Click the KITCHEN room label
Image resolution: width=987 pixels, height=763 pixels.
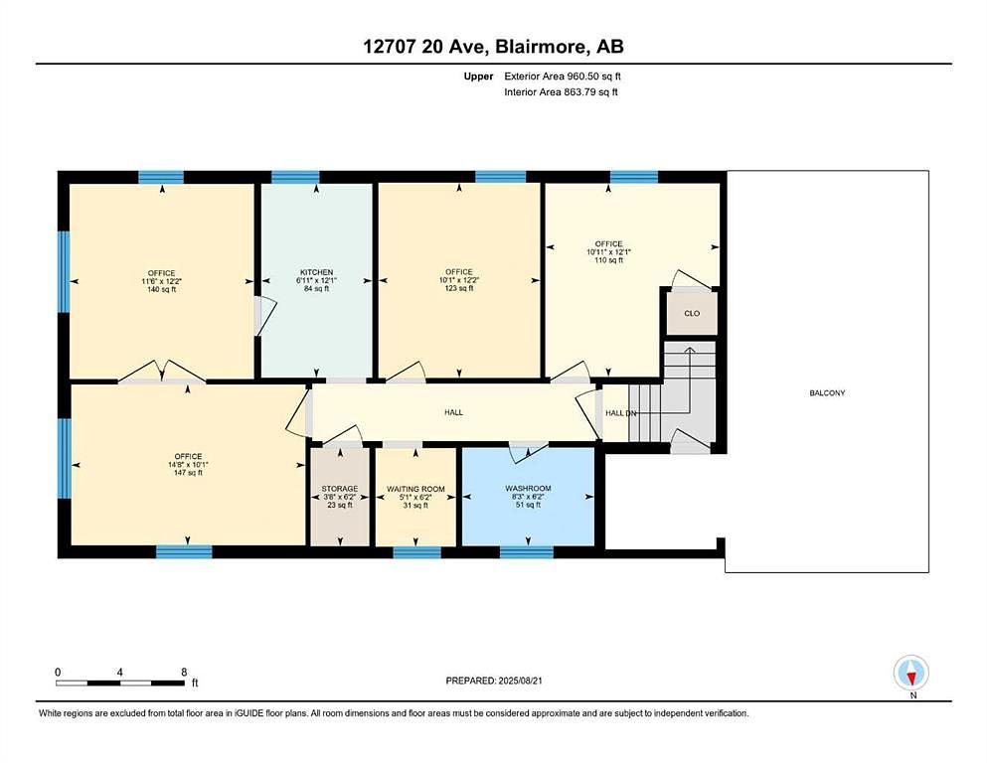(316, 272)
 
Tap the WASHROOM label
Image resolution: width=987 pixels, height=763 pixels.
(528, 488)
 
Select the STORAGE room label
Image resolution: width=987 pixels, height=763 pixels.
(340, 489)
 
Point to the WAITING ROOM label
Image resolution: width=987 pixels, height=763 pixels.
(415, 489)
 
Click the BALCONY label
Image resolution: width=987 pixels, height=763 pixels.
(827, 393)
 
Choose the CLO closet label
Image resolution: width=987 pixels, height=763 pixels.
(692, 313)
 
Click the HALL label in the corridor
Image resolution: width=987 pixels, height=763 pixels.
(454, 412)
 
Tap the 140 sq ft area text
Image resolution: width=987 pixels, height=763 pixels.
(162, 290)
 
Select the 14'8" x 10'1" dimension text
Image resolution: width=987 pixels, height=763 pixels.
(188, 465)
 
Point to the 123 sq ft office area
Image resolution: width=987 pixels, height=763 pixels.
(459, 288)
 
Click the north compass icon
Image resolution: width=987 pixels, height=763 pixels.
(910, 673)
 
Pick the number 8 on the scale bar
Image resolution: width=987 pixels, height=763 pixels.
(184, 672)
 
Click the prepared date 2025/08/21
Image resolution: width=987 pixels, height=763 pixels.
(520, 681)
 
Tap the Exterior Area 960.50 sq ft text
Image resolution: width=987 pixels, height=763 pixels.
(563, 76)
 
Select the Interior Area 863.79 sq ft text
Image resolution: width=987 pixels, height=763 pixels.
(561, 91)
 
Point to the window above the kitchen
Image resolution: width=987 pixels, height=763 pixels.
(295, 177)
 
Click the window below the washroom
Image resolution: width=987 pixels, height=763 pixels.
(527, 552)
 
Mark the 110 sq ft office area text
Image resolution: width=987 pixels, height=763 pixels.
(608, 259)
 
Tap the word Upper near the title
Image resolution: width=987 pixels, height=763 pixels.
(478, 76)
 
